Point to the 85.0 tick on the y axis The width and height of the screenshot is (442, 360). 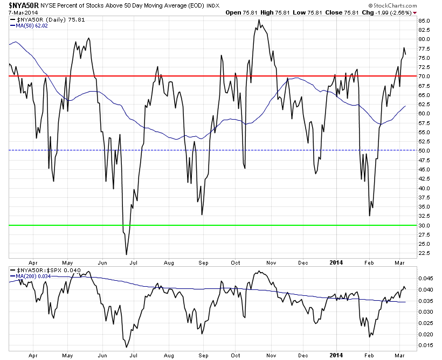pyautogui.click(x=424, y=21)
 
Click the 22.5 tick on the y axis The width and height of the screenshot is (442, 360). pyautogui.click(x=424, y=253)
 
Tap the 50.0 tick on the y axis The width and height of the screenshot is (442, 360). pyautogui.click(x=424, y=151)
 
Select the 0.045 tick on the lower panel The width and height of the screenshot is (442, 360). pyautogui.click(x=426, y=279)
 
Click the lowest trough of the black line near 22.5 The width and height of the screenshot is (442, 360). pyautogui.click(x=126, y=254)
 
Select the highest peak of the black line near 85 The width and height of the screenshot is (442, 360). pyautogui.click(x=259, y=20)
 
